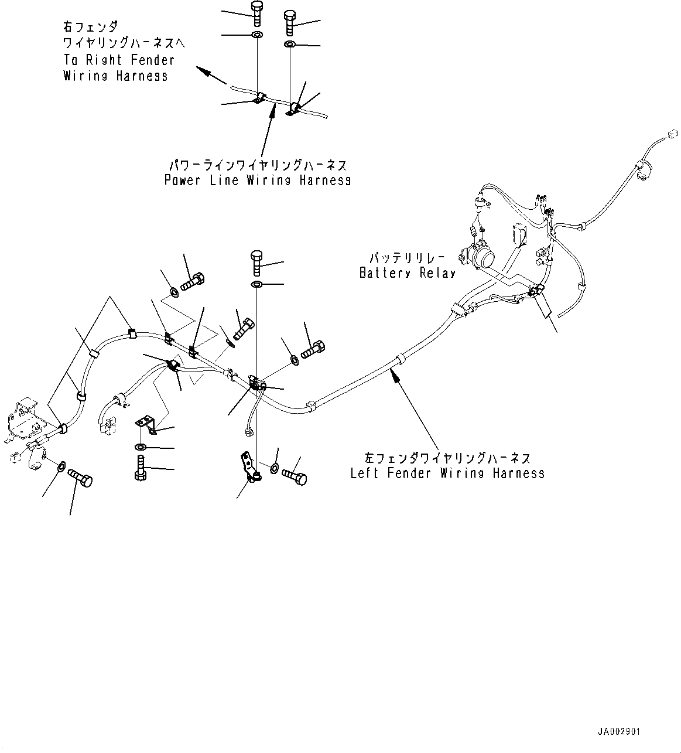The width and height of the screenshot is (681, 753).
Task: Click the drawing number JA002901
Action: pos(619,732)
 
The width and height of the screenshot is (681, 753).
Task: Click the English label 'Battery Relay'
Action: pos(407,273)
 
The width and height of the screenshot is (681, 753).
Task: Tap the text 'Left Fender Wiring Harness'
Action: pos(447,473)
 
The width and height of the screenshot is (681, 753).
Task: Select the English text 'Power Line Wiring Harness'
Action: pos(258,180)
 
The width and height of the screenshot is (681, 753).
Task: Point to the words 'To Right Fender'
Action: pos(119,60)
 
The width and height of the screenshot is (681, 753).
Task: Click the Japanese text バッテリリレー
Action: pos(407,258)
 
